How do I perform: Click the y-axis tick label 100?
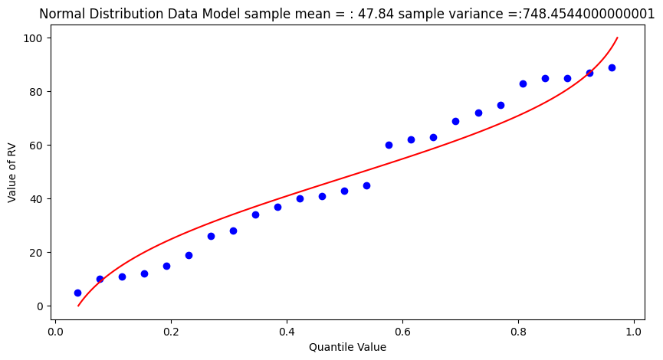(36, 38)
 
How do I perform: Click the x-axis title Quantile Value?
(347, 347)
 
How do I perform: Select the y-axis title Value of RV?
(12, 172)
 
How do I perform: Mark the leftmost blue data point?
(77, 293)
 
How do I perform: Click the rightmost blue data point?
(612, 67)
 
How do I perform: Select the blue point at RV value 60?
(389, 145)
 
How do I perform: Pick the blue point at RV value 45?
(366, 185)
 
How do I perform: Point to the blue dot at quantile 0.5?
(344, 191)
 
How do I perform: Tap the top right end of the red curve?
(617, 38)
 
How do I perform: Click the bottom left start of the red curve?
(78, 306)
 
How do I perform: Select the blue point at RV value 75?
(501, 105)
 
